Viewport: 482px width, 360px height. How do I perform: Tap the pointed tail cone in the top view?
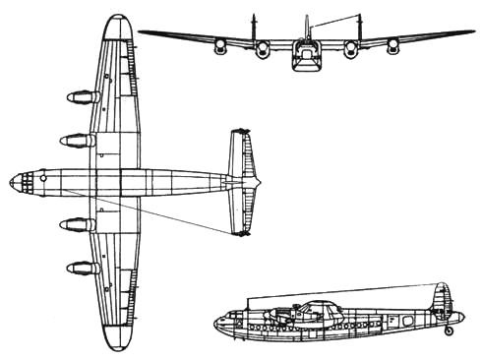pyautogui.click(x=259, y=182)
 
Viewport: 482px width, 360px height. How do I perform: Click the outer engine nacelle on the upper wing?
pyautogui.click(x=79, y=97)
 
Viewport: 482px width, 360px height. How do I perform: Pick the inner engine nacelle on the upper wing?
pyautogui.click(x=76, y=140)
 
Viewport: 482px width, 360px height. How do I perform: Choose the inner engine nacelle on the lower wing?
pyautogui.click(x=76, y=224)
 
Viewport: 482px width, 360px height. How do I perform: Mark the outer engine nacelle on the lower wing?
pyautogui.click(x=79, y=267)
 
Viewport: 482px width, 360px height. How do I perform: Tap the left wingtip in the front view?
pyautogui.click(x=141, y=31)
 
